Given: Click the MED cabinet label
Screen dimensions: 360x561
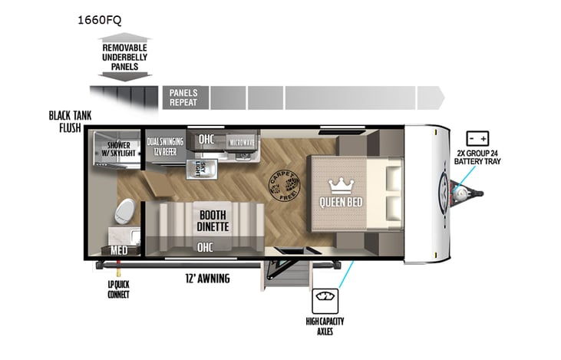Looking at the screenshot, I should [x=118, y=250].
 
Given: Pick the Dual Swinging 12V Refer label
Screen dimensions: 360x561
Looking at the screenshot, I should [x=164, y=146].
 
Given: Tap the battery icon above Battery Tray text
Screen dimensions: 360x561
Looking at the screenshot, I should [x=478, y=139].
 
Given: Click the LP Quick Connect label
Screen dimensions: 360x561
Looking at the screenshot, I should [x=118, y=289].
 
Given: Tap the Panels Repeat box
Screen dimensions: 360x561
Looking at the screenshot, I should [x=184, y=97].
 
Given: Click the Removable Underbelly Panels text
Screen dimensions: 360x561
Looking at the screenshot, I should [x=120, y=57].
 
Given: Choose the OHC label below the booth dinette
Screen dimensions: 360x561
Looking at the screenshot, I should [x=205, y=247].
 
